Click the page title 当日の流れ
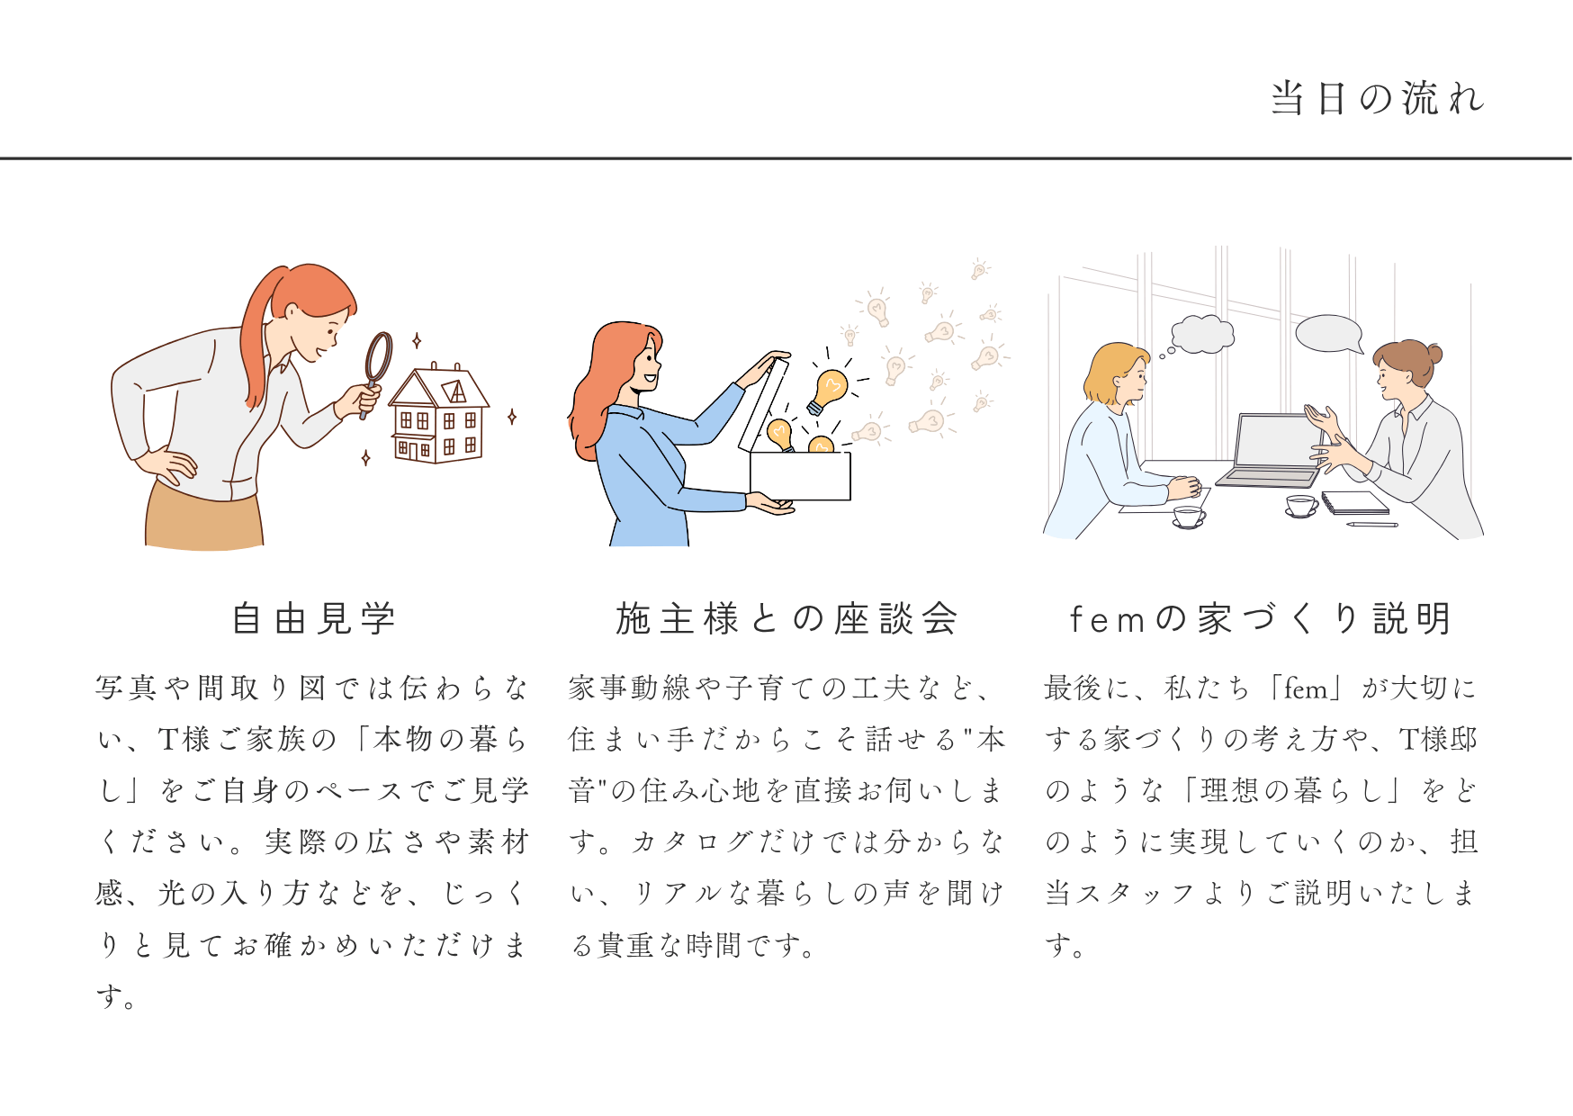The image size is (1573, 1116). pos(1377,98)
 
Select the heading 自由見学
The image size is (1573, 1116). pos(314,619)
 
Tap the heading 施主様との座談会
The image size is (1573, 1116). pos(786,619)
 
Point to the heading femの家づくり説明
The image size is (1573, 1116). pos(1260,619)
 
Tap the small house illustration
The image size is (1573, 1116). pos(438,413)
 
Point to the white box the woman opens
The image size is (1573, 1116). pos(800,475)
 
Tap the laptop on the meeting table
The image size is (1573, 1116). pos(1271,451)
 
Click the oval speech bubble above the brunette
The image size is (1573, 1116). pos(1329,334)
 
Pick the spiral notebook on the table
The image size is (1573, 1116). pos(1354,503)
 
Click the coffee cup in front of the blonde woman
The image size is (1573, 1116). pos(1189,517)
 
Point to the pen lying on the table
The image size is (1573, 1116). pos(1372,524)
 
